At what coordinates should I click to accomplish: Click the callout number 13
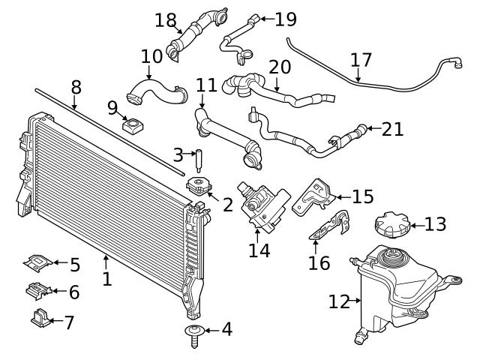[x=435, y=223]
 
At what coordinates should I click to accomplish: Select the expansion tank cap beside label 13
[x=390, y=224]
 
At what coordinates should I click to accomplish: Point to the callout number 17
[x=361, y=58]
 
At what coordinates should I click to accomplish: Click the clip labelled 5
[x=37, y=262]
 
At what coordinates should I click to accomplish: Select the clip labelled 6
[x=37, y=289]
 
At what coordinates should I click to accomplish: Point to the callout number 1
[x=106, y=279]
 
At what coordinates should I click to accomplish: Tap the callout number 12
[x=339, y=301]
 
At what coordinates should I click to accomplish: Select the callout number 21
[x=392, y=129]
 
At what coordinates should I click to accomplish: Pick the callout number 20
[x=279, y=67]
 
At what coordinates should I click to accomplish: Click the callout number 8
[x=76, y=87]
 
